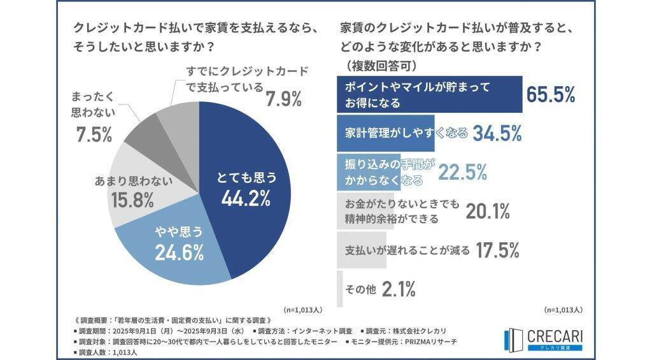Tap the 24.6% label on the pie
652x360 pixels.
coord(179,253)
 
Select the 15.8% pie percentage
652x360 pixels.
coord(132,201)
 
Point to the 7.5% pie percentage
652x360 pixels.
coord(90,134)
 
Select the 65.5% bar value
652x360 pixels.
coord(551,95)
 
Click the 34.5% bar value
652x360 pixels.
coord(497,133)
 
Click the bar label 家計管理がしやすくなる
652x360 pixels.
coord(406,133)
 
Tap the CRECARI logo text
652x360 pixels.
coord(555,335)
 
